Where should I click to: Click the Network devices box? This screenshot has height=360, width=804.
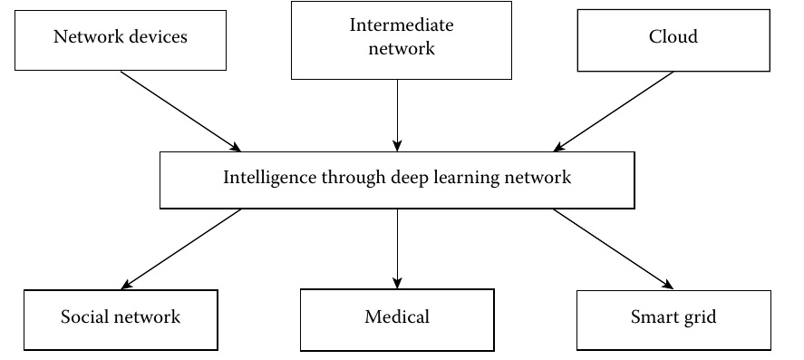[121, 38]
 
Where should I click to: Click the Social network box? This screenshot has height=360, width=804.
[121, 317]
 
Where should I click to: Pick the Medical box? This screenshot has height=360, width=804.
[397, 317]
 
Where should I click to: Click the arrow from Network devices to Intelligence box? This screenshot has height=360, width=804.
[180, 111]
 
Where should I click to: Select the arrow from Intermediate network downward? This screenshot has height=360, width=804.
[397, 114]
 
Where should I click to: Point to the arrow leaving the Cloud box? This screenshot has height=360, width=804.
[614, 111]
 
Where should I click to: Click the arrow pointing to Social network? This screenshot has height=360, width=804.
[180, 248]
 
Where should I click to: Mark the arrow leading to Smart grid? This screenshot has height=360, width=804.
[614, 248]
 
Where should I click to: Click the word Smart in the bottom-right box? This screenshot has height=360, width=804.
[651, 317]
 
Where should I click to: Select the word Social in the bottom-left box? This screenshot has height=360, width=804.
[83, 317]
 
